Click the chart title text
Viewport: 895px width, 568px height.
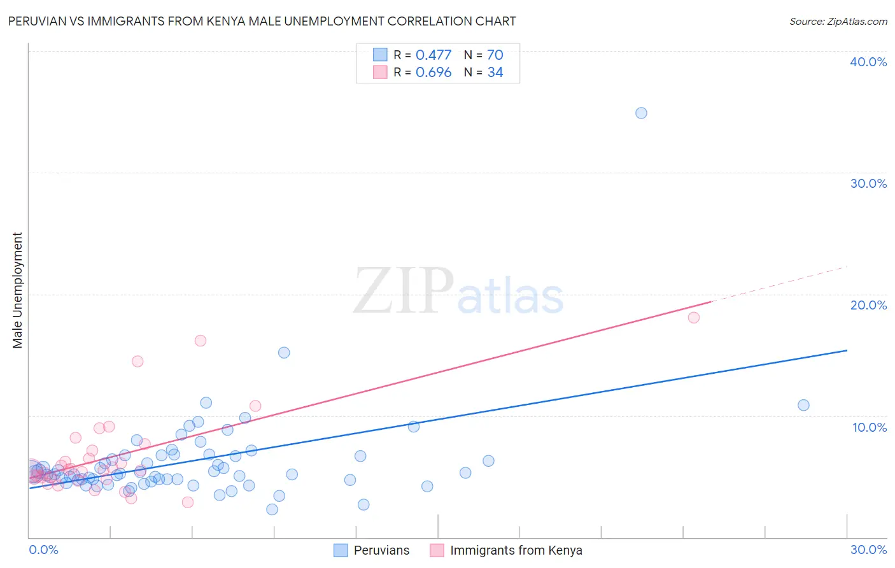click(x=262, y=21)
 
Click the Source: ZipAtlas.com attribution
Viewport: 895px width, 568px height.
click(x=838, y=21)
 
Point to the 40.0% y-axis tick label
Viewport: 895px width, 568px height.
click(x=868, y=62)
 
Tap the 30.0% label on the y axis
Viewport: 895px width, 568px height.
click(x=868, y=183)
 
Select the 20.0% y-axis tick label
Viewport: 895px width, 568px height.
click(x=868, y=305)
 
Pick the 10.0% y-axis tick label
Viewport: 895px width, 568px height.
click(x=869, y=427)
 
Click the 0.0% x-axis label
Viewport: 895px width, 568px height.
click(x=43, y=550)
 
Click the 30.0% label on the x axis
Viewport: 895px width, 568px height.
click(x=868, y=550)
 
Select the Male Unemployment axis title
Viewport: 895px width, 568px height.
click(x=18, y=290)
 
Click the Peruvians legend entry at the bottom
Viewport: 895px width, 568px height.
click(x=381, y=550)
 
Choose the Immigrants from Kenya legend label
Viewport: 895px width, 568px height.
click(x=516, y=550)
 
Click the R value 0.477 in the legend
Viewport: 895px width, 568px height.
click(x=433, y=55)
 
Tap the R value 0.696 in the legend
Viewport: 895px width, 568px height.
click(x=433, y=73)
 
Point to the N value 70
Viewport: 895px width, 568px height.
click(x=495, y=55)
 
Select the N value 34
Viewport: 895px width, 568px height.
click(x=495, y=73)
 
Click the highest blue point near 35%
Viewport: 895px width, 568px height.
click(x=641, y=113)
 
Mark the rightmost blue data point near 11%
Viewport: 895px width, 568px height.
click(x=803, y=405)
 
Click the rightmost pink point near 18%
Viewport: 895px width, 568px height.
click(x=694, y=317)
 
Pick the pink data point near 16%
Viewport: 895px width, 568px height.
click(x=201, y=341)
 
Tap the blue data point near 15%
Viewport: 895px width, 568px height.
click(x=284, y=353)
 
